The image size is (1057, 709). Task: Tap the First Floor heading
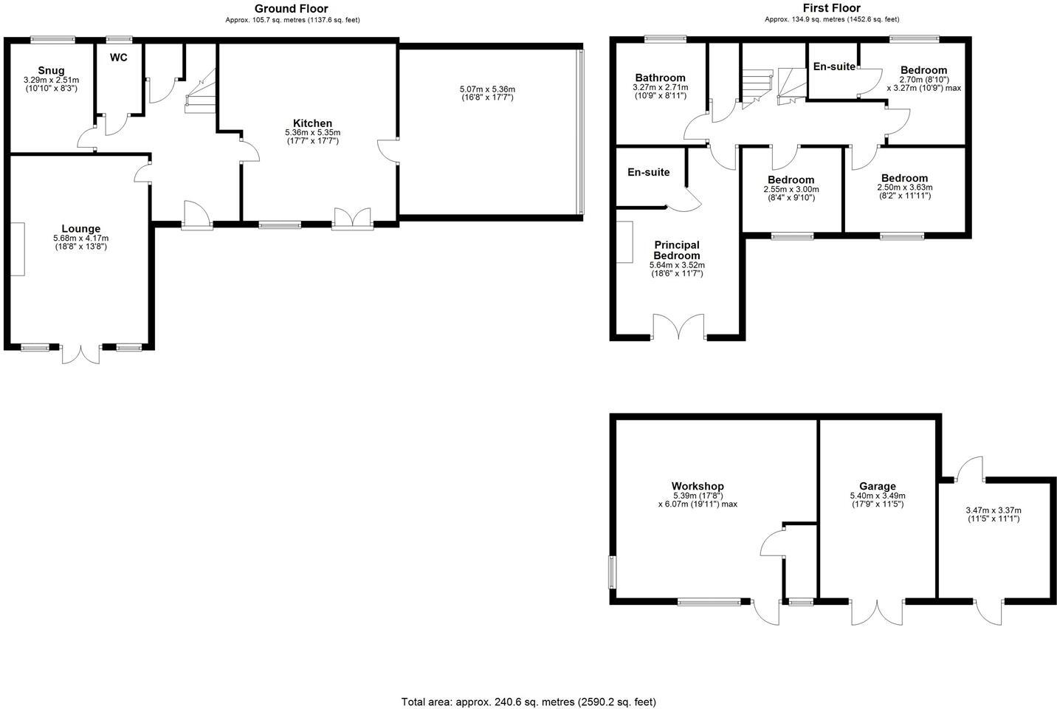click(x=831, y=8)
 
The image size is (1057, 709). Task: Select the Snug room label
click(x=51, y=71)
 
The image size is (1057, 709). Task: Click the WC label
click(x=119, y=57)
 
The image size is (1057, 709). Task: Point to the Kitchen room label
click(x=312, y=123)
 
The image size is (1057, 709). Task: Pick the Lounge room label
click(x=80, y=229)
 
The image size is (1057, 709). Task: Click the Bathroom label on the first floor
click(x=660, y=78)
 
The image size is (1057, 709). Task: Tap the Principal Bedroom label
click(x=677, y=250)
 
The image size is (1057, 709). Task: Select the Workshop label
click(x=698, y=486)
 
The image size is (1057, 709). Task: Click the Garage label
click(x=877, y=487)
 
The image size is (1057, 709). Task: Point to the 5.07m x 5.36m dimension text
click(x=486, y=89)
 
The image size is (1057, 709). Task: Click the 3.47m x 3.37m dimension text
click(x=993, y=510)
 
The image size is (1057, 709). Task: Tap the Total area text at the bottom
click(x=528, y=702)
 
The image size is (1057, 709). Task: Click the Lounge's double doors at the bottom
click(x=80, y=353)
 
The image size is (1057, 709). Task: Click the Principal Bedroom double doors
click(x=679, y=328)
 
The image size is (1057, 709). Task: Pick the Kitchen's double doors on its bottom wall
click(x=352, y=219)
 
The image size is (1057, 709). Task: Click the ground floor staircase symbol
click(x=199, y=89)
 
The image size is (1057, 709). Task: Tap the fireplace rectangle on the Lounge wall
click(x=17, y=249)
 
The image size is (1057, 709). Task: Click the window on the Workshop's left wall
click(x=612, y=572)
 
